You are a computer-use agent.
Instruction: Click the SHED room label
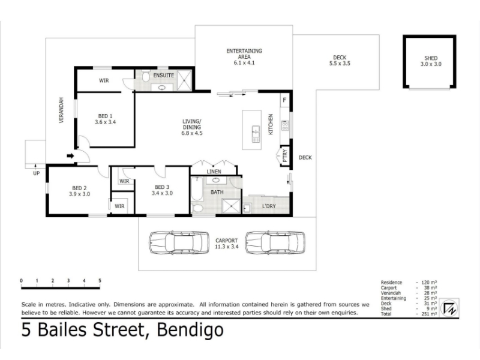pyautogui.click(x=431, y=58)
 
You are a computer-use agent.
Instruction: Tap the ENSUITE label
pyautogui.click(x=163, y=76)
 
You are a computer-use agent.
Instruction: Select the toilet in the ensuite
pyautogui.click(x=145, y=76)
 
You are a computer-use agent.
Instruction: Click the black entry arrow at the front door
pyautogui.click(x=70, y=156)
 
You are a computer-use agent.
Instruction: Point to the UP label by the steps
pyautogui.click(x=36, y=173)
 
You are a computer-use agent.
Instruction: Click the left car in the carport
pyautogui.click(x=179, y=242)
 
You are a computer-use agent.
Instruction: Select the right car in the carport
pyautogui.click(x=275, y=242)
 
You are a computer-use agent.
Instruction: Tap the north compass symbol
pyautogui.click(x=449, y=308)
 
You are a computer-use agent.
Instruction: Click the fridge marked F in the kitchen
pyautogui.click(x=284, y=100)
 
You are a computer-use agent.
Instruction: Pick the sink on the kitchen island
pyautogui.click(x=256, y=134)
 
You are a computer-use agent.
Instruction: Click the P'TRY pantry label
pyautogui.click(x=285, y=155)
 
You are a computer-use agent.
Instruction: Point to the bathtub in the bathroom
pyautogui.click(x=197, y=188)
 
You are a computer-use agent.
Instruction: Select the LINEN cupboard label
pyautogui.click(x=214, y=172)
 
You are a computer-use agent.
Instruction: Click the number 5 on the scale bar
pyautogui.click(x=100, y=280)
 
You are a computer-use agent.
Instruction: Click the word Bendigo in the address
pyautogui.click(x=190, y=330)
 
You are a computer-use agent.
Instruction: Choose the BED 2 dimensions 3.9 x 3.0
pyautogui.click(x=80, y=194)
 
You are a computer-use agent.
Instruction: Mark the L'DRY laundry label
pyautogui.click(x=269, y=206)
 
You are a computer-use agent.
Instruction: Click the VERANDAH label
pyautogui.click(x=61, y=110)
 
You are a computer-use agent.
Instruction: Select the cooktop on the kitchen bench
pyautogui.click(x=285, y=125)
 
